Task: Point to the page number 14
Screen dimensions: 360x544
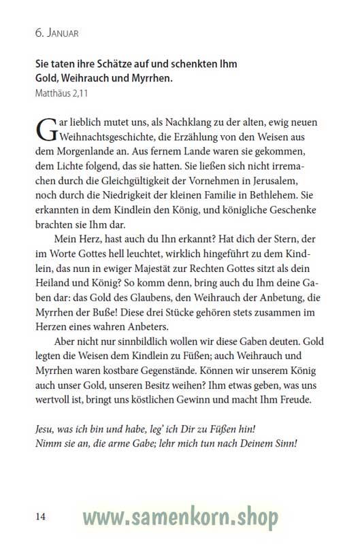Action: click(x=40, y=517)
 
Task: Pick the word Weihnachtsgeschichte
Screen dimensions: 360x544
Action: click(x=110, y=138)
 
